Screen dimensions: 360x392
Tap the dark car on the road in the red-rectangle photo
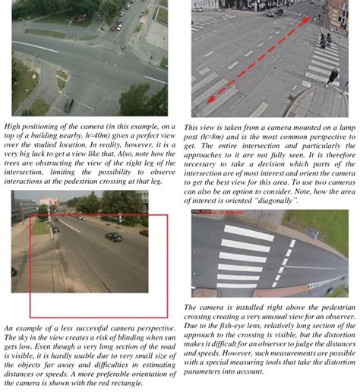click(112, 236)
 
